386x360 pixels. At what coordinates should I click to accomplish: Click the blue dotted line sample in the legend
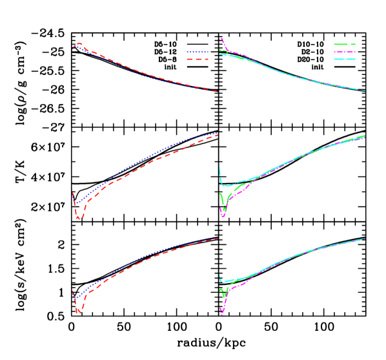click(x=198, y=52)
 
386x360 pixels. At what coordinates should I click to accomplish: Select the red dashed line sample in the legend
click(x=198, y=59)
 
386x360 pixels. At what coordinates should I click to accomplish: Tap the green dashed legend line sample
click(x=345, y=45)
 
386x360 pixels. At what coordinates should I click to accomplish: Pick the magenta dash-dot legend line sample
click(x=345, y=52)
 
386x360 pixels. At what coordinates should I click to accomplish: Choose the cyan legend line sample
click(x=345, y=59)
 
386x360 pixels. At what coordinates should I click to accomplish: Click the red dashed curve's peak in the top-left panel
click(x=79, y=44)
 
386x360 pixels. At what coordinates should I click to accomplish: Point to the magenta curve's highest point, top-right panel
click(x=221, y=38)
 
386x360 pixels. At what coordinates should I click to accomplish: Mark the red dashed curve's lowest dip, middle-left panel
click(x=79, y=219)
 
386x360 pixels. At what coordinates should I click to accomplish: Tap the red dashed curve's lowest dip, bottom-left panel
click(x=79, y=312)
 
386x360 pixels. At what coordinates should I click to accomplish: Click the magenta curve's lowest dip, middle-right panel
click(x=223, y=215)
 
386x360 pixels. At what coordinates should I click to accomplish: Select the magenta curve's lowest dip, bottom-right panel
click(x=222, y=313)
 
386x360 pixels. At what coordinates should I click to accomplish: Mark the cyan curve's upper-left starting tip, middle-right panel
click(x=220, y=167)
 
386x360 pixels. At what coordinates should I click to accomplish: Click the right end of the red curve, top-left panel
click(x=216, y=91)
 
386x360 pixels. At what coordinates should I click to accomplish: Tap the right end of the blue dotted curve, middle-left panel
click(x=216, y=133)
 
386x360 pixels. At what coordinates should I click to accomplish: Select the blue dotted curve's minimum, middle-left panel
click(x=76, y=204)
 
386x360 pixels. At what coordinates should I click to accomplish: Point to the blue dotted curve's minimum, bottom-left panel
click(x=75, y=298)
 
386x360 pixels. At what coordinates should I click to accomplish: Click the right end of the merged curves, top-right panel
click(x=365, y=90)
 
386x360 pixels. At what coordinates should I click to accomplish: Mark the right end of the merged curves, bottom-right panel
click(x=365, y=238)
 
